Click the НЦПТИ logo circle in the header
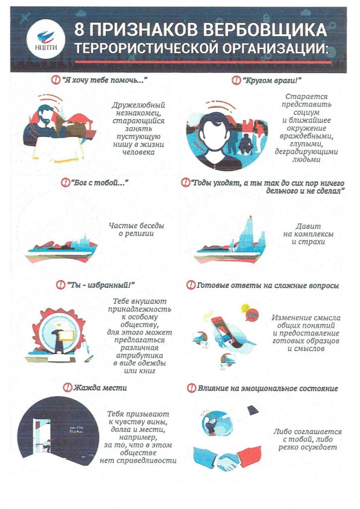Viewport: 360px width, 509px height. (46, 40)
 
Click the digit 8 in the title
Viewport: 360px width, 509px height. (80, 30)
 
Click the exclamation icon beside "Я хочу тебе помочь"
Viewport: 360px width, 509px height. (56, 80)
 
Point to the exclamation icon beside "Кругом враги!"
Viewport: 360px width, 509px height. (236, 80)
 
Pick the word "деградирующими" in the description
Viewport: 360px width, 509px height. (306, 152)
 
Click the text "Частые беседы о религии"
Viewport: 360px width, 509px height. (136, 230)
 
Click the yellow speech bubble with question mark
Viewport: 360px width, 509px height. (246, 307)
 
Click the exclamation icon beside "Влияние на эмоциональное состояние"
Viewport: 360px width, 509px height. (192, 388)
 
